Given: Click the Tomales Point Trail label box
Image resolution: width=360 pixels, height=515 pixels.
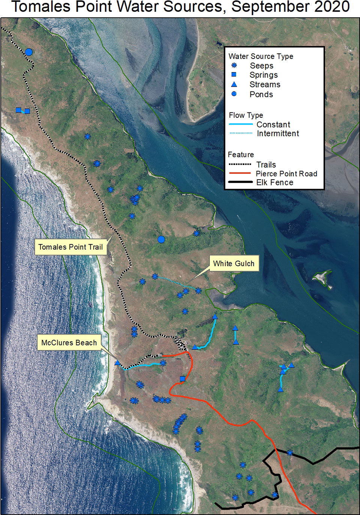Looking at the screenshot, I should (70, 247).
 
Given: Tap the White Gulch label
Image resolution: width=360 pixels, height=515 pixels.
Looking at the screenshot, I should (234, 263).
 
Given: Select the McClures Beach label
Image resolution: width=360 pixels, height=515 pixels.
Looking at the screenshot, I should (69, 342).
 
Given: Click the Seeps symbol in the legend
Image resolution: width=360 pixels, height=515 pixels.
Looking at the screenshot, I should (234, 65).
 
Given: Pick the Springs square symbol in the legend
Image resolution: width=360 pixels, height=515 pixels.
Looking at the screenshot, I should (234, 75).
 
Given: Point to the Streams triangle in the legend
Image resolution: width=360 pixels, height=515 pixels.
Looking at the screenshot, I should (234, 84).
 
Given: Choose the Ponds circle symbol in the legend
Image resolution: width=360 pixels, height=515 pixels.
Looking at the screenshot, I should (234, 94).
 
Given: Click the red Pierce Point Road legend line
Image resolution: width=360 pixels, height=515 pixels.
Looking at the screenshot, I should (240, 173).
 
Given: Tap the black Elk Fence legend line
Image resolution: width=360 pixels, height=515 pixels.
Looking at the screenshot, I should (240, 182).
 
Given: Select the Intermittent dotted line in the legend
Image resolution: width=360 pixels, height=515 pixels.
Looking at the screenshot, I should (241, 133).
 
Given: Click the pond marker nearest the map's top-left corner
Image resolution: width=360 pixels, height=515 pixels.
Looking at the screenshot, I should (29, 52).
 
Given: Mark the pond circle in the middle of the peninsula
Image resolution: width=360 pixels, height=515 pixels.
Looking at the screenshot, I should (161, 239).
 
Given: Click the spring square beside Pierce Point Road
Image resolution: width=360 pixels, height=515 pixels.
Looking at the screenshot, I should (183, 379).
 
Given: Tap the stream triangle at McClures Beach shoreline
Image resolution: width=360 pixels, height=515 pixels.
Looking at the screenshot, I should (117, 363).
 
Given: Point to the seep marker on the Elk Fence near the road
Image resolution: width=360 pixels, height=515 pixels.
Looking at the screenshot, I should (290, 453).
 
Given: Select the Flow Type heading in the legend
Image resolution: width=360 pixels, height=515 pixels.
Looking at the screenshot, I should (246, 115).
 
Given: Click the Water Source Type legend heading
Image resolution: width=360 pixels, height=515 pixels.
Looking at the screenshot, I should (261, 56).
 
